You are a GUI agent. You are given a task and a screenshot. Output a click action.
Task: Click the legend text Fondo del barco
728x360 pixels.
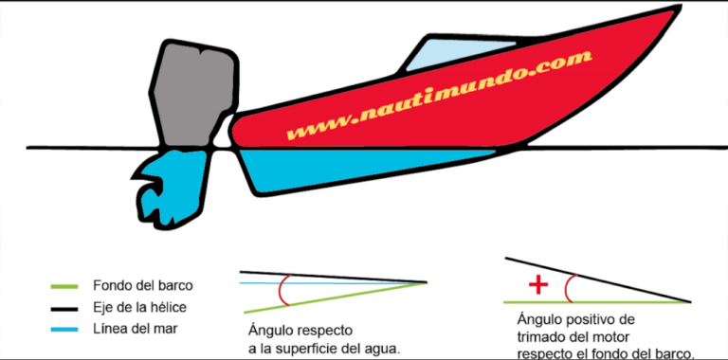pyautogui.click(x=139, y=285)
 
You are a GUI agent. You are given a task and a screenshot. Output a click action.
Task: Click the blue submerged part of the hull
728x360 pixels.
pyautogui.click(x=360, y=169)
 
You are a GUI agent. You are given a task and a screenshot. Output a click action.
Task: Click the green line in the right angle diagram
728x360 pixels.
pyautogui.click(x=597, y=302)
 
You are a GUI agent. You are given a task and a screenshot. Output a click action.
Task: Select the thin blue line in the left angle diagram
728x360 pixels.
pyautogui.click(x=332, y=282)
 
